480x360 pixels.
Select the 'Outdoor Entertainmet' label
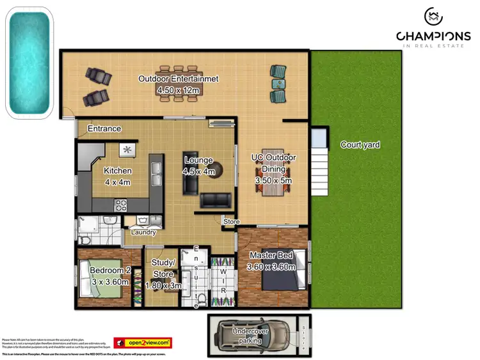tap(179, 79)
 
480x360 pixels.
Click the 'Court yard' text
tap(360, 145)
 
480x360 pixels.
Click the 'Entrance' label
tap(104, 129)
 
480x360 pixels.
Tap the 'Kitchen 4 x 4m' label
tap(118, 176)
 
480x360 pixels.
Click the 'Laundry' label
tap(143, 232)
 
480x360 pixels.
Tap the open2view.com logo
tap(143, 343)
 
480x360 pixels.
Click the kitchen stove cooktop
tap(121, 205)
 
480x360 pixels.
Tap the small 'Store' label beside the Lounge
tap(231, 222)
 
